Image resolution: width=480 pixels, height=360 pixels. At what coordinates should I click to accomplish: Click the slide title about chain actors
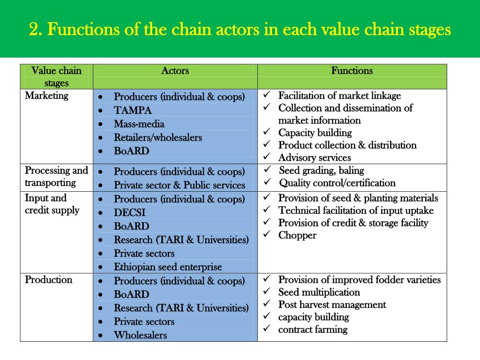240,30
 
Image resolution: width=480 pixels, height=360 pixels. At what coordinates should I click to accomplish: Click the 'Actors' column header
175,71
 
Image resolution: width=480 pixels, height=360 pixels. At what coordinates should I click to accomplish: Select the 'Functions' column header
352,71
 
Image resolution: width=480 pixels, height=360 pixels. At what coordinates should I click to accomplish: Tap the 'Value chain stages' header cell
56,77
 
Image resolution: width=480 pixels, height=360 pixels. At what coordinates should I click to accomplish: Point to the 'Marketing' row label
46,96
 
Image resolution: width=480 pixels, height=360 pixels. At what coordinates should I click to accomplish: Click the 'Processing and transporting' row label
56,177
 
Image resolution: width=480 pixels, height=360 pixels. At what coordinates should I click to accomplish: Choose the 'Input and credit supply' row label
52,204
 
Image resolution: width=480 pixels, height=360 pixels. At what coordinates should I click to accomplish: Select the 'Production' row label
48,280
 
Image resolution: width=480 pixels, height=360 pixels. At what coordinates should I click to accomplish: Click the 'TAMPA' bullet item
133,111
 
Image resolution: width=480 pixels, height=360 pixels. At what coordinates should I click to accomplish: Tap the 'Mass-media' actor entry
139,124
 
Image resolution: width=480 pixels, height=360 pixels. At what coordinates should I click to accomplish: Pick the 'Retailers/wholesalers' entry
158,138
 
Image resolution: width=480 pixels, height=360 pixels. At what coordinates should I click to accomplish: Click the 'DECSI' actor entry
129,213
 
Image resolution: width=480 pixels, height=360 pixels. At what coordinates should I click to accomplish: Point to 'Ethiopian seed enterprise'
168,267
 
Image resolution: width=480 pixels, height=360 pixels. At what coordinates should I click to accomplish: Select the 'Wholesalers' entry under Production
140,335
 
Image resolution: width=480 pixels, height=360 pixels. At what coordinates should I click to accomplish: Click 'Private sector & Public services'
180,185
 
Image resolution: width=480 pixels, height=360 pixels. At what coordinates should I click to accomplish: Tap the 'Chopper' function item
297,235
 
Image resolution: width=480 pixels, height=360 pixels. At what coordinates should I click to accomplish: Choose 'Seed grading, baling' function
322,171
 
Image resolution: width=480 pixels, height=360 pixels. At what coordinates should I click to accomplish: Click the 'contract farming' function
313,330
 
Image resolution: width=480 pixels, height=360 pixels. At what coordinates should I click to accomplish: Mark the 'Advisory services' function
315,158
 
